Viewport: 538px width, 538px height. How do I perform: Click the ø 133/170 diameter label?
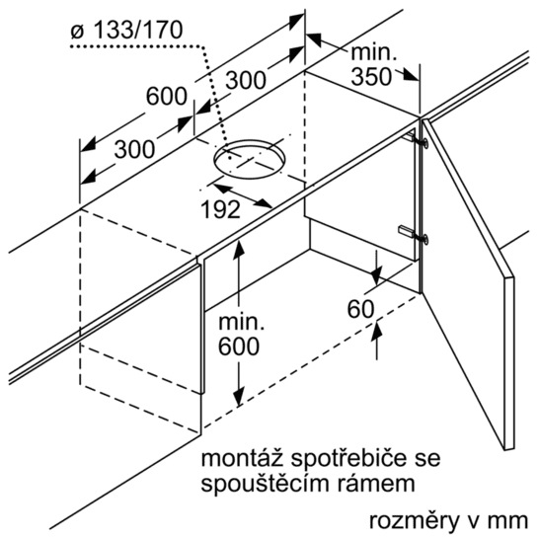coord(126,30)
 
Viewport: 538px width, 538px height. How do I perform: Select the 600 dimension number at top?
coord(167,97)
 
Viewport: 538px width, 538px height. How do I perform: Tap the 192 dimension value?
coord(220,209)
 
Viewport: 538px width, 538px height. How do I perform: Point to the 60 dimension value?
coord(360,309)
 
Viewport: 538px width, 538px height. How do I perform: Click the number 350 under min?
coord(371,76)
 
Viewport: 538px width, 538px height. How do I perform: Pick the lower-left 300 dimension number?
coord(134,150)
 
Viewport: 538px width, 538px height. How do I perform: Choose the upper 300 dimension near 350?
coord(246,80)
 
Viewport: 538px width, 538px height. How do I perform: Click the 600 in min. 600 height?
coord(239,346)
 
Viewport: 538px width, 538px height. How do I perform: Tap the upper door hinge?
coord(417,140)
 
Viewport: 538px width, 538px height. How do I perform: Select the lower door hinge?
coord(414,234)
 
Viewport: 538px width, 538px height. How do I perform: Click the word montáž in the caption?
coord(242,459)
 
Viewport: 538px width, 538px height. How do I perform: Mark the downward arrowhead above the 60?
coord(376,276)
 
